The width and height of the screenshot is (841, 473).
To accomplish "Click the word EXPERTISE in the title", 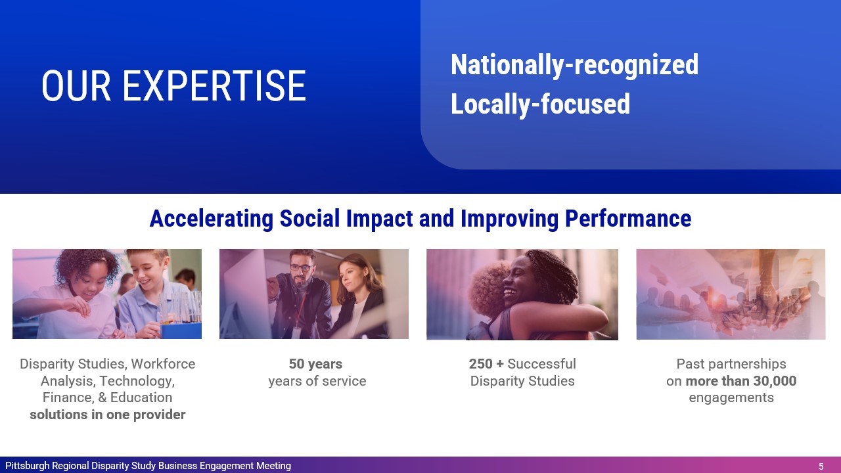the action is (214, 86).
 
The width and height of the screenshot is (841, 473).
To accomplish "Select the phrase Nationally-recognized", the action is (574, 65).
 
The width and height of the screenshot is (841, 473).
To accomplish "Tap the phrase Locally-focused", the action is (540, 104).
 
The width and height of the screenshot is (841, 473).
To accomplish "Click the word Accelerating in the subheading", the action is (212, 219).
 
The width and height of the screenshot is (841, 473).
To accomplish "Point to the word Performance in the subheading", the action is (628, 219).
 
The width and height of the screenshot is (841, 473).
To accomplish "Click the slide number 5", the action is (821, 466).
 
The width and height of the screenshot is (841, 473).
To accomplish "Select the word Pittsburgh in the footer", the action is (27, 466).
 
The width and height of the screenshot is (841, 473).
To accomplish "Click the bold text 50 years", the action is (315, 364).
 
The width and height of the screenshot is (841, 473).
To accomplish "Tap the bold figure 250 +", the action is (486, 364).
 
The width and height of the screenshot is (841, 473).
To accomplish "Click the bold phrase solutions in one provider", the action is (107, 415).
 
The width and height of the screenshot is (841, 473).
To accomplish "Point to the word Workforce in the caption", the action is (163, 364).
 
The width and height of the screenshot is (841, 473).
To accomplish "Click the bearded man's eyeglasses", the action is (301, 268).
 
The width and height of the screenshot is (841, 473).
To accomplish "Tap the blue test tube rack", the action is (181, 330).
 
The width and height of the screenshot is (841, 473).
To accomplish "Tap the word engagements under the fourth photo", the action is (731, 398).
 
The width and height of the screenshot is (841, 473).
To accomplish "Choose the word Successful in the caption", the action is (541, 364).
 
